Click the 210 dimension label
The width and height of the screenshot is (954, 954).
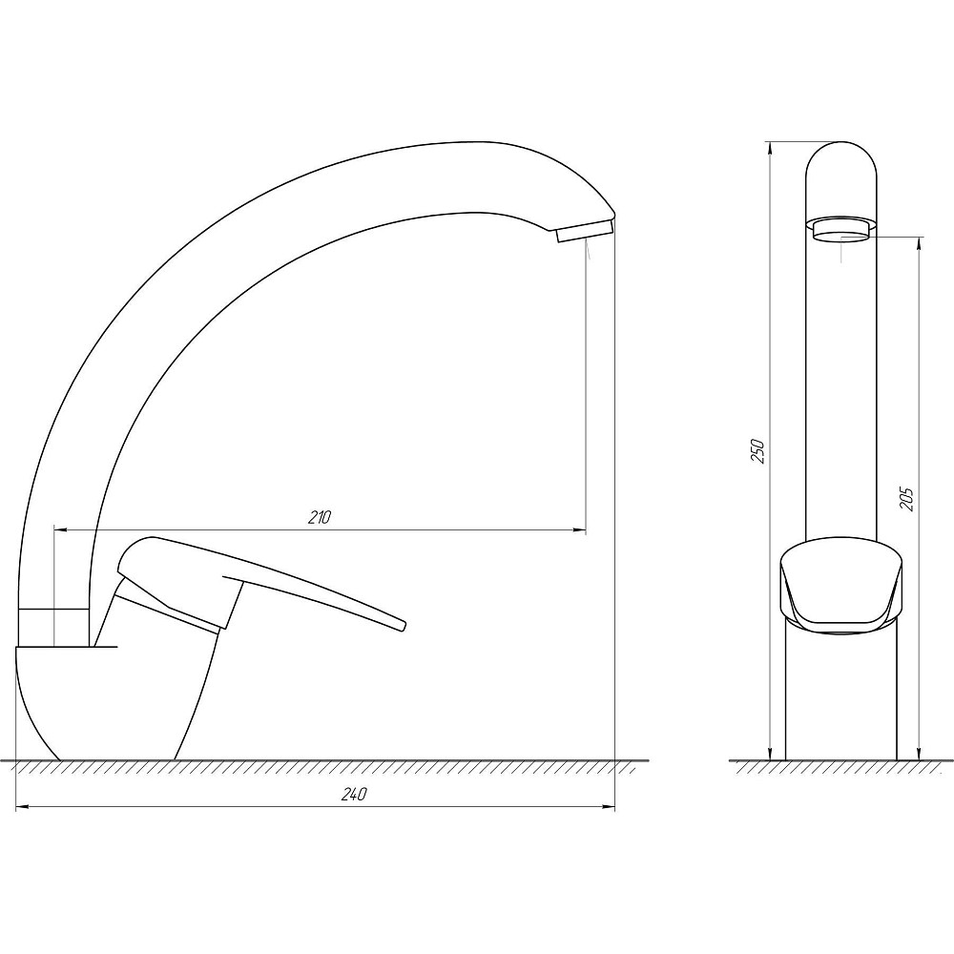pyautogui.click(x=319, y=517)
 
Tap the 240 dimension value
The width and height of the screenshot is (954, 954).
pyautogui.click(x=354, y=795)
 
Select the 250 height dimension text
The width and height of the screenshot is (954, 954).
pyautogui.click(x=757, y=450)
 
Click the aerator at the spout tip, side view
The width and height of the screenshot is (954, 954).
pyautogui.click(x=584, y=231)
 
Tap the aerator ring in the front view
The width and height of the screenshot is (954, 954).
pyautogui.click(x=841, y=231)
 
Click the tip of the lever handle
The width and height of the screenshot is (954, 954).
pyautogui.click(x=402, y=627)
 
